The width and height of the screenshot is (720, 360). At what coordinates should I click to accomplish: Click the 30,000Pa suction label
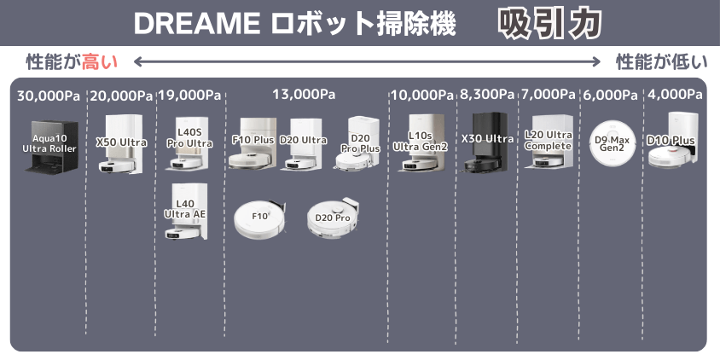49,96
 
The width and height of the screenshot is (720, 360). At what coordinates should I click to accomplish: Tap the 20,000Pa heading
121,96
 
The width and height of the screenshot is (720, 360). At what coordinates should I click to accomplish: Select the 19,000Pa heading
189,96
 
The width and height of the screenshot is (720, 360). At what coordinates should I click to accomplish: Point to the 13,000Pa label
304,95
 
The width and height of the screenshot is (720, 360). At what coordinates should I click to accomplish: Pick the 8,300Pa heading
487,95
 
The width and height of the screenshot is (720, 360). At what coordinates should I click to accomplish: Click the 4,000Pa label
675,95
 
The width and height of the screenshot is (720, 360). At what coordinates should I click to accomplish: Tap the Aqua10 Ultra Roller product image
51,147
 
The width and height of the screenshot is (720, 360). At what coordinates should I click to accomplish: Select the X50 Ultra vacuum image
121,144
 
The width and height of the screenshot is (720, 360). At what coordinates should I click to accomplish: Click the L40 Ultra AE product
186,212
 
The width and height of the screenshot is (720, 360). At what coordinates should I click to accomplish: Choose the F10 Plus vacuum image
253,143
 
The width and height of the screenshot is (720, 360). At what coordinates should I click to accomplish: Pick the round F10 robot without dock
258,219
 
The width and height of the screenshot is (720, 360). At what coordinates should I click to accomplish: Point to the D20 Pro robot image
333,218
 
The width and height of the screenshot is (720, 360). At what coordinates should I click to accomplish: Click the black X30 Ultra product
486,142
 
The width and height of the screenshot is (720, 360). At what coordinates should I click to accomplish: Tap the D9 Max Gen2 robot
613,142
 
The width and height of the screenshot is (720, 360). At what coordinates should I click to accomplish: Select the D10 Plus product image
674,141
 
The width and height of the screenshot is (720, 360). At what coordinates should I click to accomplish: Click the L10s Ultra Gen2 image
421,142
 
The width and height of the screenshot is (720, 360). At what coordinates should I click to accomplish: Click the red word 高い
100,62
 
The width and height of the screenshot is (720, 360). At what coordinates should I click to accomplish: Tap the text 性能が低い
662,62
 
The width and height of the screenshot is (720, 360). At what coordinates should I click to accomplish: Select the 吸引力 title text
549,24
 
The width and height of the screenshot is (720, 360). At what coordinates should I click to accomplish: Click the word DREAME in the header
194,24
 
